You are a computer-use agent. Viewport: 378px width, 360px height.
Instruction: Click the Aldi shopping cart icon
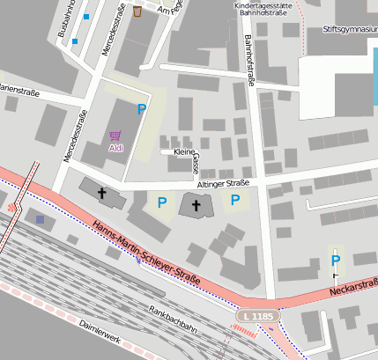pyautogui.click(x=115, y=136)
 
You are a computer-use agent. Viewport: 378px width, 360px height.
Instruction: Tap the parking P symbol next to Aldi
pyautogui.click(x=141, y=109)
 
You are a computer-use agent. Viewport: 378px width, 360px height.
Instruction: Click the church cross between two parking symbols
pyautogui.click(x=196, y=205)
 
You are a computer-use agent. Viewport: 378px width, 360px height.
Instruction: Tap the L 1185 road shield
pyautogui.click(x=258, y=315)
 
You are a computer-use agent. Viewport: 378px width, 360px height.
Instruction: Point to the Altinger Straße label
pyautogui.click(x=226, y=184)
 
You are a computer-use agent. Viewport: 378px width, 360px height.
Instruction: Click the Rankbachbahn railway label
pyautogui.click(x=172, y=318)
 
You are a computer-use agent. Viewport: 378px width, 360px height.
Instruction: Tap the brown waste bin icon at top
pyautogui.click(x=138, y=11)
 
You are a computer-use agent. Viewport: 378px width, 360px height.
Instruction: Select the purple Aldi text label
pyautogui.click(x=116, y=148)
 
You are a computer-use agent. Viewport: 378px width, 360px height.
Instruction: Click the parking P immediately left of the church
pyautogui.click(x=161, y=202)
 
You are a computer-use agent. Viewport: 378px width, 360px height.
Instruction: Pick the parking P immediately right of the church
pyautogui.click(x=234, y=201)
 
